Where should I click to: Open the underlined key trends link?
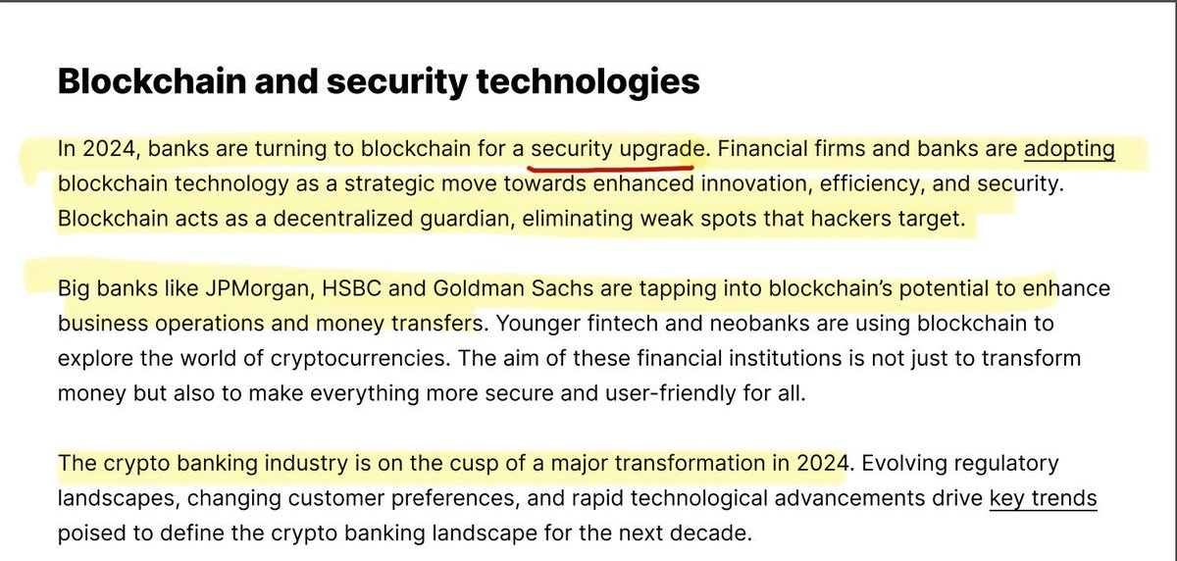click(x=1043, y=498)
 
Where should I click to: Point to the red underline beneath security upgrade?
click(x=612, y=167)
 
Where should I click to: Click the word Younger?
click(x=531, y=324)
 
